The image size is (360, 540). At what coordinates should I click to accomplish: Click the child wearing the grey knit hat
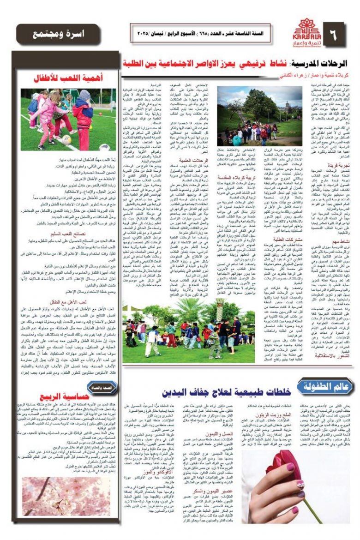pyautogui.click(x=84, y=111)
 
